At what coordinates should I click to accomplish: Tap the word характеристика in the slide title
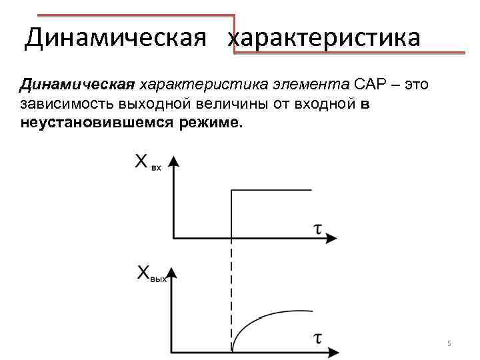coord(325,37)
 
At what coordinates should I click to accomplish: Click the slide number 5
coord(449,343)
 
